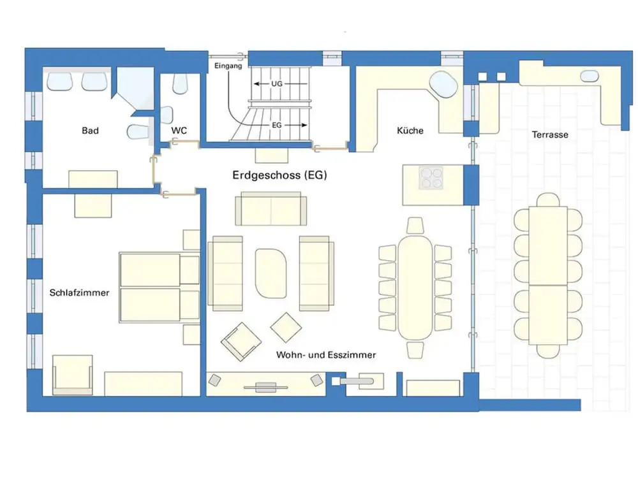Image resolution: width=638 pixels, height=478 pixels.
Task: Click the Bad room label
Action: tap(90, 131)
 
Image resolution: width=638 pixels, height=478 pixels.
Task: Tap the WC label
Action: tap(179, 131)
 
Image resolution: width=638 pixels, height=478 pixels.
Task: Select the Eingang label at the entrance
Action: tap(228, 66)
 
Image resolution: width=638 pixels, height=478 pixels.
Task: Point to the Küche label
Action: tap(410, 131)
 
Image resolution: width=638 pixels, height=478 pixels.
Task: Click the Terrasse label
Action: tap(550, 134)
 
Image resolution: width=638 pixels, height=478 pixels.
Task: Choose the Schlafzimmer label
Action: tap(79, 293)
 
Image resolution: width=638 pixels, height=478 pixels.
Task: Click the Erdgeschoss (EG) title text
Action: tap(279, 175)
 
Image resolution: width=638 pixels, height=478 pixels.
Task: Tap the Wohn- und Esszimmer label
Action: tap(326, 355)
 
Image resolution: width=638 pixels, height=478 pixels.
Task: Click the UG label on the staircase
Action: tap(277, 83)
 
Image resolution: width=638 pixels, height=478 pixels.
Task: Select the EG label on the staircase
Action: tap(277, 125)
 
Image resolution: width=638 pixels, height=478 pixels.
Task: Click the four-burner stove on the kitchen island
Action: tap(431, 178)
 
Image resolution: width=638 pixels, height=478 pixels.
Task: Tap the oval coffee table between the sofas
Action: tap(271, 273)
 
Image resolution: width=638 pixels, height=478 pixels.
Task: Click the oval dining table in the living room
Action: tap(415, 288)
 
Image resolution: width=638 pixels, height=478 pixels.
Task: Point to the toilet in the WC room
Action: tap(181, 83)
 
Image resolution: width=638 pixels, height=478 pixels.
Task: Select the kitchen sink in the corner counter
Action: tap(444, 84)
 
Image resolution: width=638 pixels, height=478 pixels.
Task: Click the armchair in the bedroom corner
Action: tap(73, 375)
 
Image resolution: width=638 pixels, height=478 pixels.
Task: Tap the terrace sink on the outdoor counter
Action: tap(589, 76)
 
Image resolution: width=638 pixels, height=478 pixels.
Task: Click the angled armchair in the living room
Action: tap(241, 342)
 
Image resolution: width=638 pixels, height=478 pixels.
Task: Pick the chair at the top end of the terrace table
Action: tap(548, 199)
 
